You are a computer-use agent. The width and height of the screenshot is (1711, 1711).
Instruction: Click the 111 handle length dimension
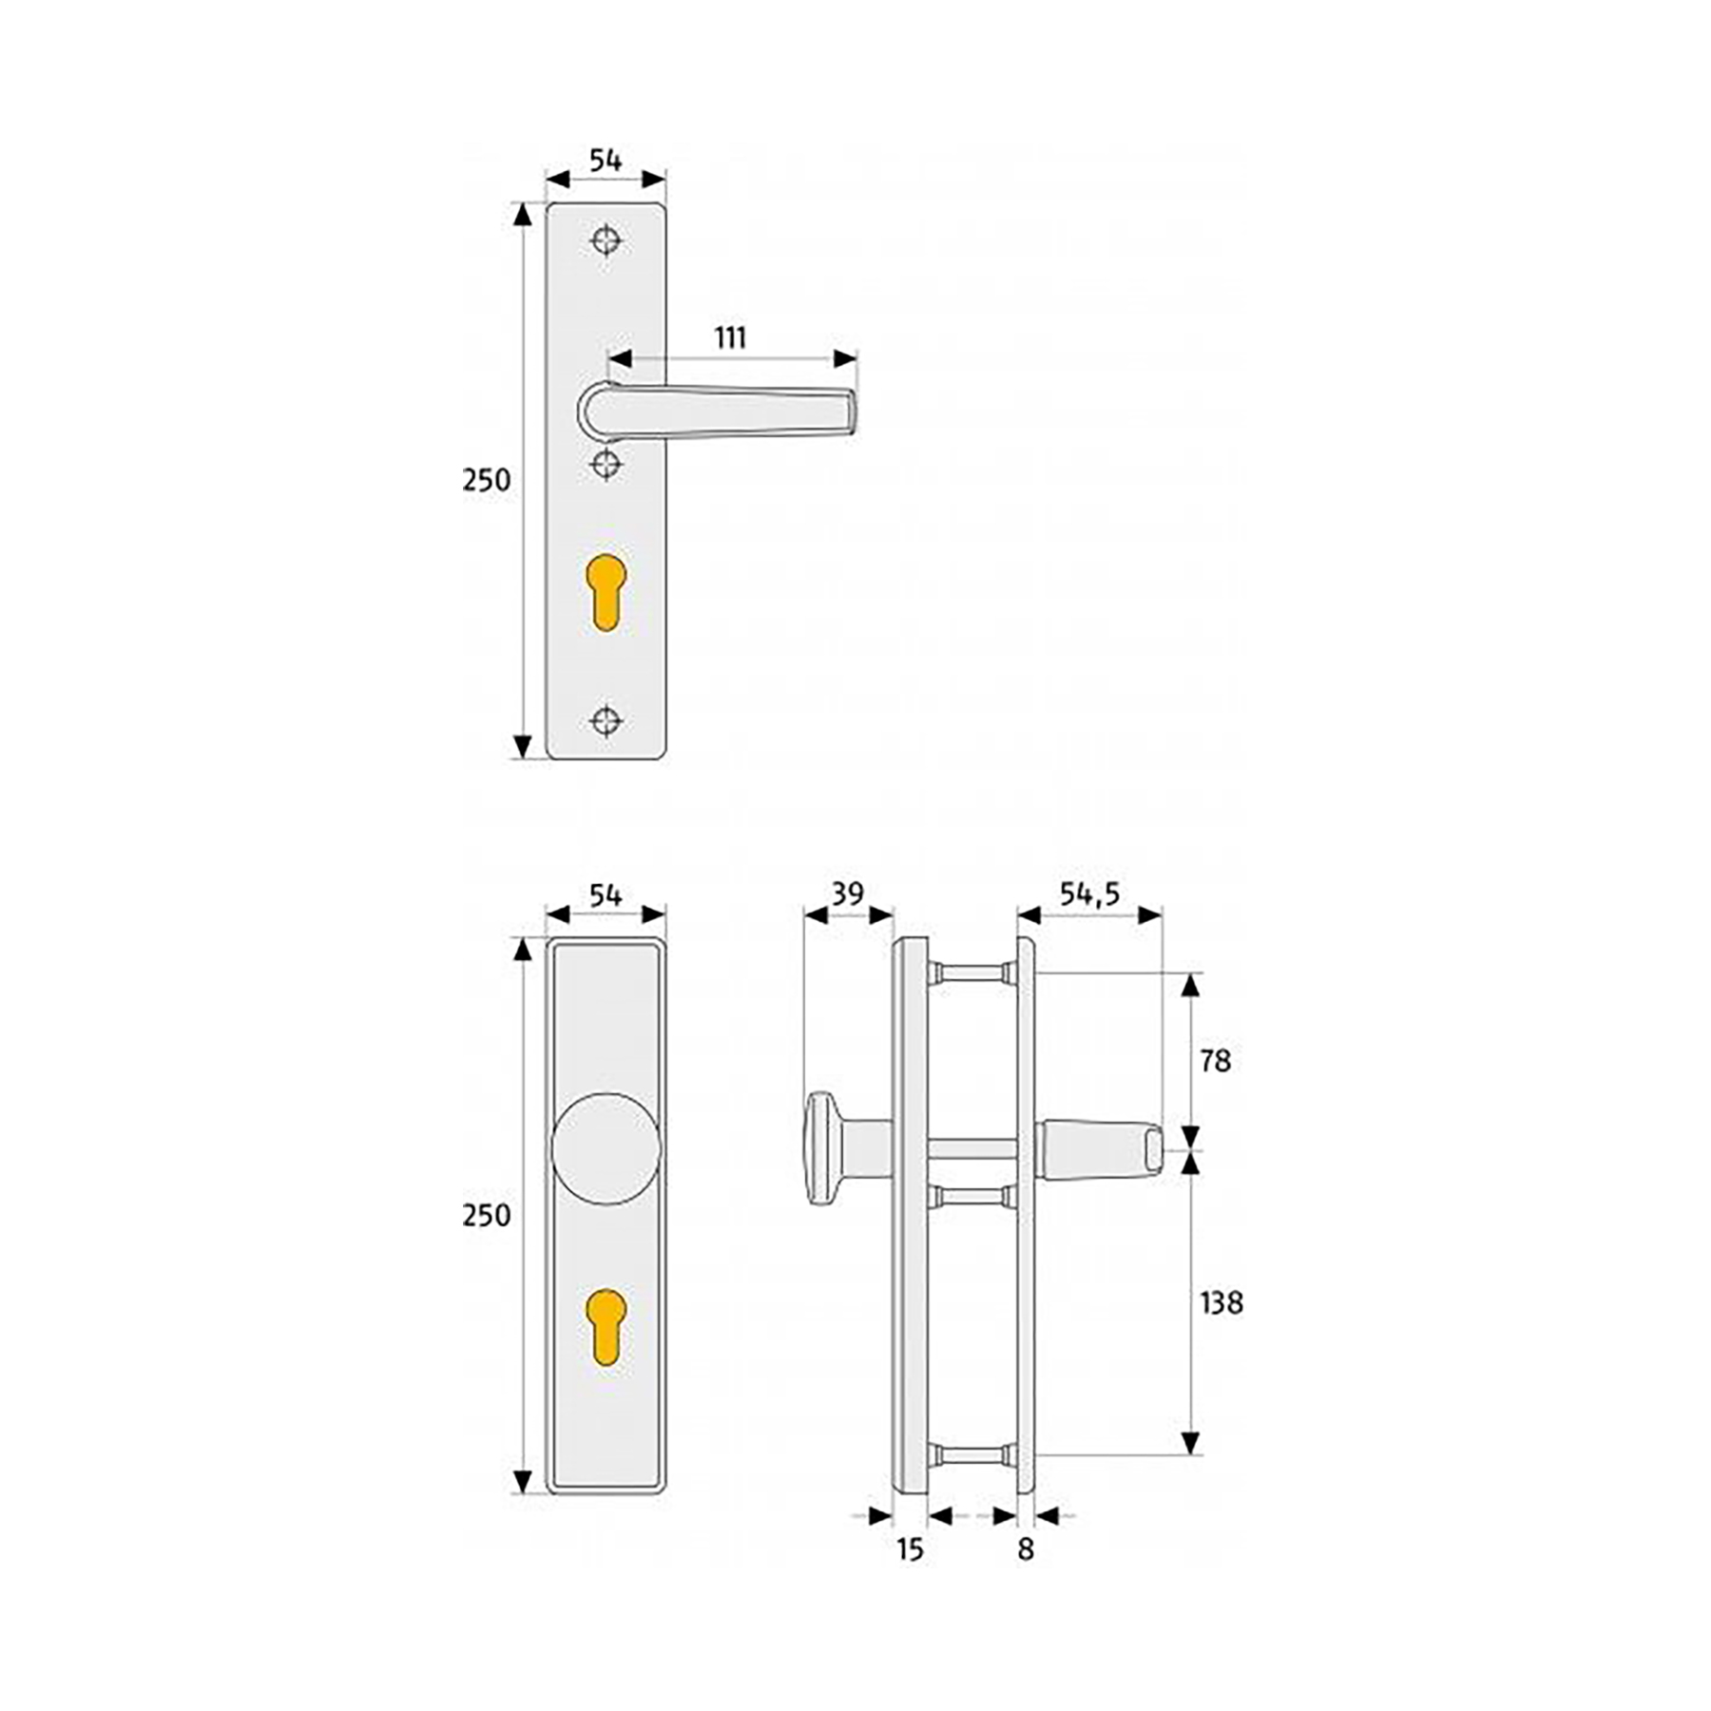pyautogui.click(x=730, y=338)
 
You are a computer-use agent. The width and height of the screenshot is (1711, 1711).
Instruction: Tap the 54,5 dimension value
pyautogui.click(x=1089, y=894)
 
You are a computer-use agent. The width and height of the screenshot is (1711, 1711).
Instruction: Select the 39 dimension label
pyautogui.click(x=847, y=894)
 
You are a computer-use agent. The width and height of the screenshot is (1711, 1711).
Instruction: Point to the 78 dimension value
pyautogui.click(x=1215, y=1061)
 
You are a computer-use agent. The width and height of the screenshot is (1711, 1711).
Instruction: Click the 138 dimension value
pyautogui.click(x=1221, y=1303)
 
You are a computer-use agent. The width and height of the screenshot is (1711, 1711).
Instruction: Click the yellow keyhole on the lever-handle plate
pyautogui.click(x=606, y=592)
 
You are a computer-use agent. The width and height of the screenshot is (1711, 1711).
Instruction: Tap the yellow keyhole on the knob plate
pyautogui.click(x=606, y=1327)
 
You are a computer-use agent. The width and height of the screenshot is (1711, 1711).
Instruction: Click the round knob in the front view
pyautogui.click(x=606, y=1148)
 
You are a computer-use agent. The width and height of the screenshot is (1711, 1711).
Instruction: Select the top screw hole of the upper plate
pyautogui.click(x=606, y=240)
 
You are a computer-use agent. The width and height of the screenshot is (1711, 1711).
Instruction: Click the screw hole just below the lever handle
pyautogui.click(x=606, y=465)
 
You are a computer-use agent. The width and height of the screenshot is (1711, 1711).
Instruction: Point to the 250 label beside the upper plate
pyautogui.click(x=486, y=481)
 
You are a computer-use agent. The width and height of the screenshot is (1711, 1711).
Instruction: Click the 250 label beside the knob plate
pyautogui.click(x=486, y=1216)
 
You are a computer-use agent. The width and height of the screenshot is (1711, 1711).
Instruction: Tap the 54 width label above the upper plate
pyautogui.click(x=606, y=161)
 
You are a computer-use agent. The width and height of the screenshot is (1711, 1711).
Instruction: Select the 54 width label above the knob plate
pyautogui.click(x=606, y=895)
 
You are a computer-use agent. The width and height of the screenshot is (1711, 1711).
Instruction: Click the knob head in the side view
pyautogui.click(x=818, y=1148)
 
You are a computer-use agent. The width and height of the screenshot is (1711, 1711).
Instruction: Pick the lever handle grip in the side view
pyautogui.click(x=1098, y=1149)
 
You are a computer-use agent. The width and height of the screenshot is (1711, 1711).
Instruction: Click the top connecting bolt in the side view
pyautogui.click(x=971, y=972)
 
